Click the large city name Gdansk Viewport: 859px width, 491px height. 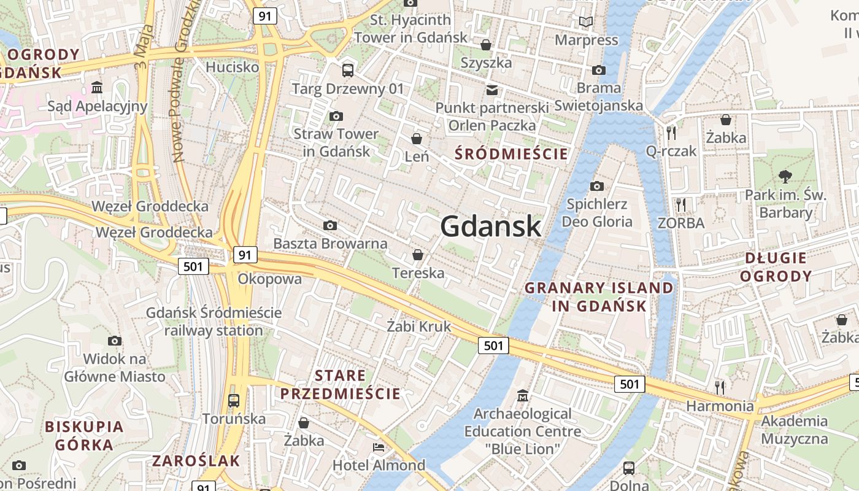tap(491, 226)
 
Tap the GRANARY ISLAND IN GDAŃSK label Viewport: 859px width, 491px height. tap(599, 296)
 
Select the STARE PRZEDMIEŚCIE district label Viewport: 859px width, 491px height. tap(341, 384)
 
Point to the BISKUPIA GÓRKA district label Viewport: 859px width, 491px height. tap(84, 435)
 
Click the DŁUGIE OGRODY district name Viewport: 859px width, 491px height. tap(778, 267)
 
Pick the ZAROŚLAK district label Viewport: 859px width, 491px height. tap(196, 461)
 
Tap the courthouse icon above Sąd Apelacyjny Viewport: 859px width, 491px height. tap(97, 88)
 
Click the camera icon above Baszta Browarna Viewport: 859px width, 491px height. tap(330, 226)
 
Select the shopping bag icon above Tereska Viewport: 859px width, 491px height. tap(418, 255)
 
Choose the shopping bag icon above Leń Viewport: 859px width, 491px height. tap(417, 139)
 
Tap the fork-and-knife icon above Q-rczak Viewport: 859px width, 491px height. tap(671, 133)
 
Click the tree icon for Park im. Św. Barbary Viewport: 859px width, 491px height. tap(785, 177)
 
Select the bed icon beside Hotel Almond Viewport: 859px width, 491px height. tap(379, 447)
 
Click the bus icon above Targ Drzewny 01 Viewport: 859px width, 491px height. tap(348, 71)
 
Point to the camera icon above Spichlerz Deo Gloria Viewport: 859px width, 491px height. tap(596, 186)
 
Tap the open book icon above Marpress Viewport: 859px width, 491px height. tap(586, 22)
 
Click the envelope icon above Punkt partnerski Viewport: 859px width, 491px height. tap(491, 90)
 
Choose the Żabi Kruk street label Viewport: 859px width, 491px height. tap(419, 327)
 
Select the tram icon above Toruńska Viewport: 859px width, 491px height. tap(234, 401)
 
